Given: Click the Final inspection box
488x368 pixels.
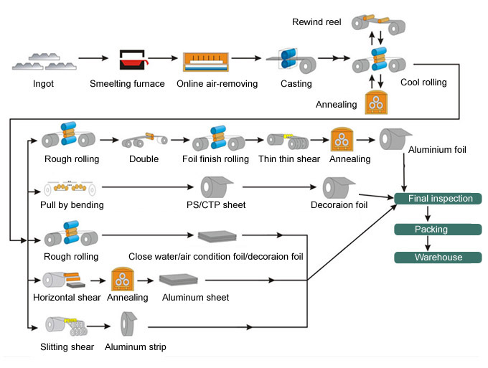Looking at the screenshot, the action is pyautogui.click(x=438, y=199).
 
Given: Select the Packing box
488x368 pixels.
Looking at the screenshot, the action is pyautogui.click(x=438, y=230).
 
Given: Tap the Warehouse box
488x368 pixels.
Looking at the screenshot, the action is pyautogui.click(x=438, y=258).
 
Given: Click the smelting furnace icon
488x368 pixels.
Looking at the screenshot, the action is pyautogui.click(x=133, y=60).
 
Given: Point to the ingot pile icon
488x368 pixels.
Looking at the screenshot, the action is pyautogui.click(x=44, y=61).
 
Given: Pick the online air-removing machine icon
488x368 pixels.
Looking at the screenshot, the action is pyautogui.click(x=206, y=62).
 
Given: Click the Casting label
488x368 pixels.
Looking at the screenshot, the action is pyautogui.click(x=296, y=84).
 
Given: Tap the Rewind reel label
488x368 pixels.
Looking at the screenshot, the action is pyautogui.click(x=316, y=22).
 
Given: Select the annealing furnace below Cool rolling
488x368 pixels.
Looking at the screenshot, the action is pyautogui.click(x=376, y=103).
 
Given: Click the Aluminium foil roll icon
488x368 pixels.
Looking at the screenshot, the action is pyautogui.click(x=395, y=138).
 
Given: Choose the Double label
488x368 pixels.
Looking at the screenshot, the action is pyautogui.click(x=144, y=159).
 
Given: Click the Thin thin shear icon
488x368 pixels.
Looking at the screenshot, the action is pyautogui.click(x=288, y=141).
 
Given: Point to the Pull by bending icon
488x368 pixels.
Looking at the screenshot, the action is pyautogui.click(x=70, y=188).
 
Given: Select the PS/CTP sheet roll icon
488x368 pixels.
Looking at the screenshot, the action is pyautogui.click(x=216, y=187).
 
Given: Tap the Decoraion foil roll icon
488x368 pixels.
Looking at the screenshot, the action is pyautogui.click(x=338, y=187).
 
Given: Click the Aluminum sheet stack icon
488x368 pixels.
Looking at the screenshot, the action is pyautogui.click(x=178, y=279).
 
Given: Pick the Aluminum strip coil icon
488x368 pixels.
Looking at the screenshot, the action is pyautogui.click(x=128, y=324).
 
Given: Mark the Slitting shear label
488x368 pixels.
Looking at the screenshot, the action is pyautogui.click(x=67, y=347).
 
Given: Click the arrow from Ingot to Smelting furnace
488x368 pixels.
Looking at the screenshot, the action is pyautogui.click(x=93, y=58).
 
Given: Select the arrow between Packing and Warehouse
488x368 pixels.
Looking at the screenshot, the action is pyautogui.click(x=428, y=243).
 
